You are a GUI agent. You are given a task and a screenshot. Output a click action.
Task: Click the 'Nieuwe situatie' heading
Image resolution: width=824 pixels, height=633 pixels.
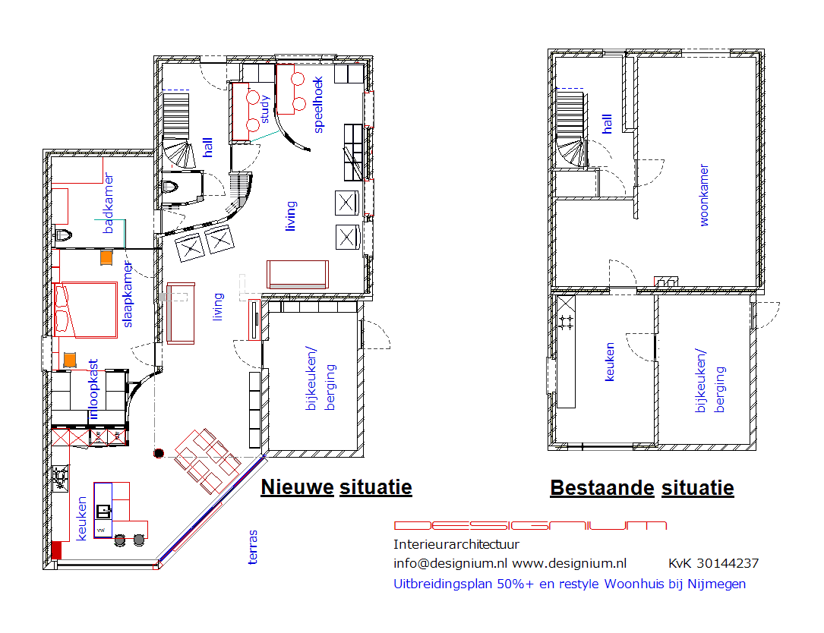336,487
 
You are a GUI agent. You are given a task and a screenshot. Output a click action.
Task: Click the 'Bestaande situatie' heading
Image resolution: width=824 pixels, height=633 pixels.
642,488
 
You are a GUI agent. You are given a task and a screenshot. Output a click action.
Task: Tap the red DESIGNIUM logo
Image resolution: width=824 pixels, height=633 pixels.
530,525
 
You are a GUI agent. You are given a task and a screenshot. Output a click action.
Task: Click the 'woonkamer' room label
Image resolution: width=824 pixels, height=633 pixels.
704,195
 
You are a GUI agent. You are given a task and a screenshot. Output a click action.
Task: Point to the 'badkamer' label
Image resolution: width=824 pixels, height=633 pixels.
109,203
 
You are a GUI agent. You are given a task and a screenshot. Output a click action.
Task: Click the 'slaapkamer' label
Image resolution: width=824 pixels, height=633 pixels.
128,294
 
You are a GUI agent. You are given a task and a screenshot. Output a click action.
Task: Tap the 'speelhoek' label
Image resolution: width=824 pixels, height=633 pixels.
318,105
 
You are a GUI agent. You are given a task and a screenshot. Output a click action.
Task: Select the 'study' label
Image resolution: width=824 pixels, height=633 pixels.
265,109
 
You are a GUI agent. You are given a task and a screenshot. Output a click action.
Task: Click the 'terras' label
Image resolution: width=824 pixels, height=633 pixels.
252,546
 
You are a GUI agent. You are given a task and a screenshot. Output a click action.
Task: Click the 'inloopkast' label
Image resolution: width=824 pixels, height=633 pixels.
93,389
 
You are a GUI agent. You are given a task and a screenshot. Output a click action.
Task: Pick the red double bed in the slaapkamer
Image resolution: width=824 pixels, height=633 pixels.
85,310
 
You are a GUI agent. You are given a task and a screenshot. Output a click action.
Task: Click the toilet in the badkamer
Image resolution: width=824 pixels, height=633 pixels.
62,235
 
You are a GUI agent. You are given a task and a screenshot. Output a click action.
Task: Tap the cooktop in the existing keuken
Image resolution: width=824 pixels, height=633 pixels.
566,322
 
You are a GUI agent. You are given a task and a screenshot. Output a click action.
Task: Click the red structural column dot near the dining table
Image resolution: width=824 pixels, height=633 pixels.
159,453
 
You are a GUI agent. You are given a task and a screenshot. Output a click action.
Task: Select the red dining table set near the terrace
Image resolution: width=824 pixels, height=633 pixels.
207,461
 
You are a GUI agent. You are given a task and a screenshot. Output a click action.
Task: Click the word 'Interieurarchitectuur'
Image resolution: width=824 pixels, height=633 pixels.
456,544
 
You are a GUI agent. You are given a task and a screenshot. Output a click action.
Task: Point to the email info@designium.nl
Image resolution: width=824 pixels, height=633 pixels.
450,564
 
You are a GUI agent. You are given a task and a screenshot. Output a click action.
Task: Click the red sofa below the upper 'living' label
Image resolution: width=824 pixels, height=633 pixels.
298,274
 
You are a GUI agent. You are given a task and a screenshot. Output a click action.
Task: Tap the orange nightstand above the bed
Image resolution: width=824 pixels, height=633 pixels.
106,257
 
